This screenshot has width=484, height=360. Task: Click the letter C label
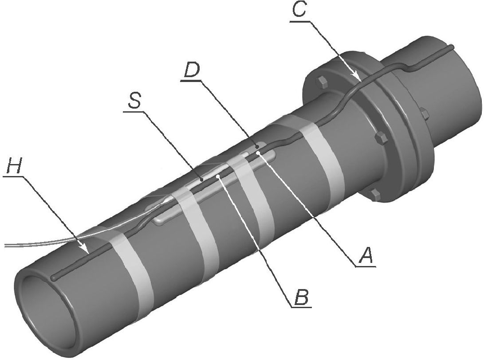tap(299, 10)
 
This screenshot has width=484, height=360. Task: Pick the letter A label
tap(365, 255)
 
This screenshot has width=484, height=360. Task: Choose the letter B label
tap(301, 297)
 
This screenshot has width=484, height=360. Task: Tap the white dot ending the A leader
tap(258, 151)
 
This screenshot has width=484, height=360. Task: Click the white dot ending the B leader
tap(218, 176)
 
